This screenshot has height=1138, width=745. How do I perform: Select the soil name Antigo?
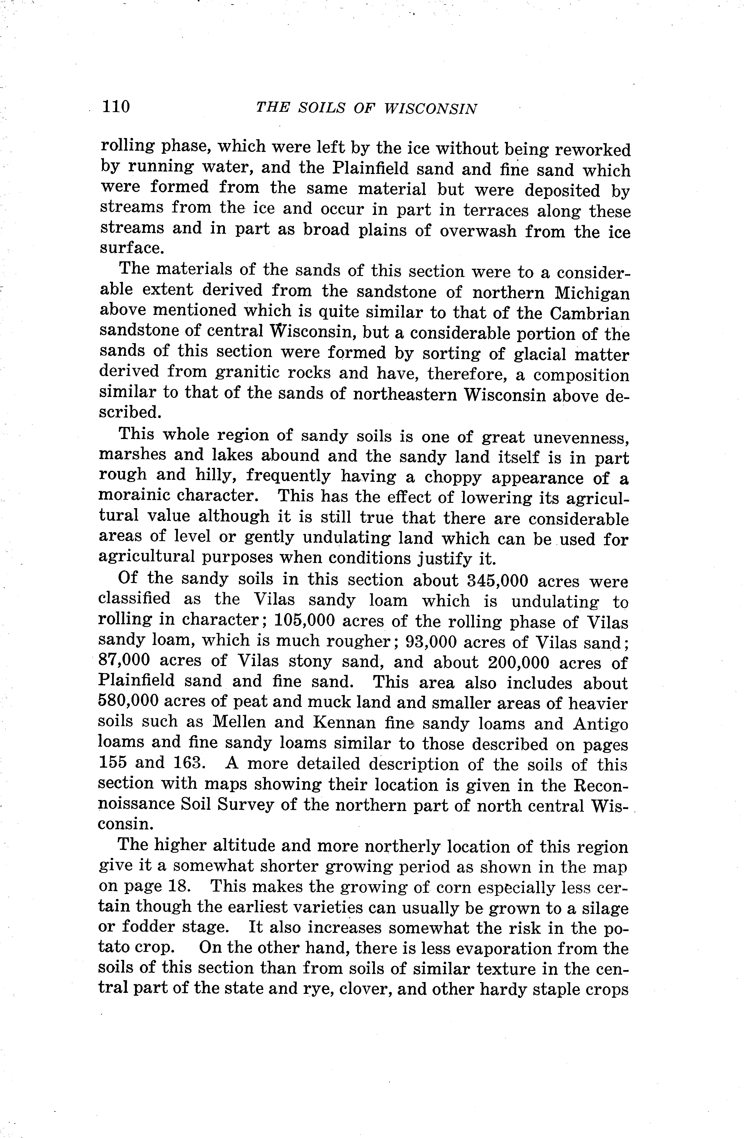click(600, 724)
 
